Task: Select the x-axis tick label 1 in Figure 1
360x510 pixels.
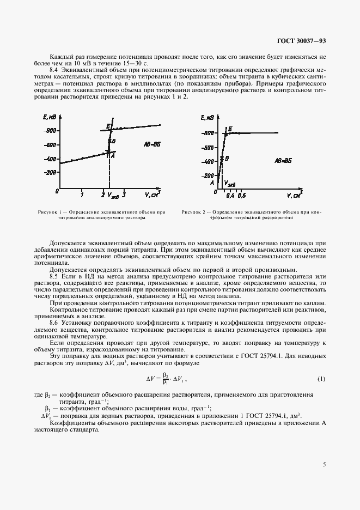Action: click(82, 195)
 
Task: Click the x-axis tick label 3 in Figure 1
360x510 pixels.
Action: click(124, 195)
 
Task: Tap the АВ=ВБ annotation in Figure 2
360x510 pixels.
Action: click(284, 161)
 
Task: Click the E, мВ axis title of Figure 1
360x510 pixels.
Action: click(49, 117)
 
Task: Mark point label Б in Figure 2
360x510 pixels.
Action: click(230, 129)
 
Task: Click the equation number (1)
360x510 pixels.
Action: click(321, 379)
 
